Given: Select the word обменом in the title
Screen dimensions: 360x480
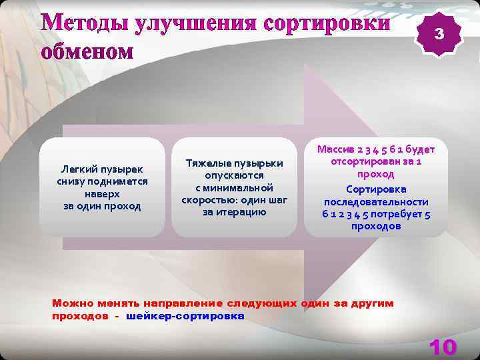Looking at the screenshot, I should (x=87, y=52).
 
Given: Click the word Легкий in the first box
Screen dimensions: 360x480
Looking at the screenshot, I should (x=78, y=169).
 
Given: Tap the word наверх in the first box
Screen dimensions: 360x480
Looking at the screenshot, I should (x=102, y=193).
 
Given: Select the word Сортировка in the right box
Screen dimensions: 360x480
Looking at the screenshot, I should (x=376, y=189).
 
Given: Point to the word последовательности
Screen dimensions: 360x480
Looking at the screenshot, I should (x=376, y=201).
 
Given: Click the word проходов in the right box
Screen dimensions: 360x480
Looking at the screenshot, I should (x=376, y=226).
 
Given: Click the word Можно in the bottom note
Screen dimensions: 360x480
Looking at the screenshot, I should (x=69, y=303).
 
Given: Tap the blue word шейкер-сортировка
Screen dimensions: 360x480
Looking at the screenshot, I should (x=185, y=316).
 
